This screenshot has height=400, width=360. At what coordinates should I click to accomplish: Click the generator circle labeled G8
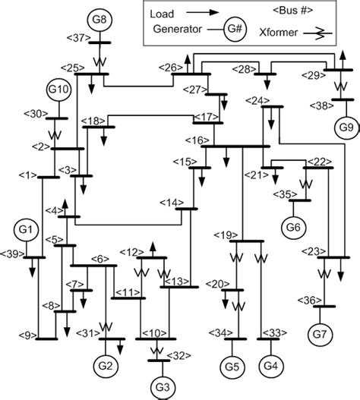99,17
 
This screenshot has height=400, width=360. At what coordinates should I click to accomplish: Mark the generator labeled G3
160,386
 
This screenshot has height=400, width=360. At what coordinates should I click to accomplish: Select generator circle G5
233,367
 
